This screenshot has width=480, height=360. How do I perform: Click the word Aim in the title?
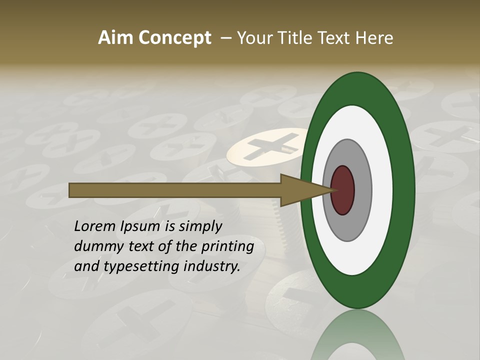[116, 38]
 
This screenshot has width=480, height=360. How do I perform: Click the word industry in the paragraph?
[210, 266]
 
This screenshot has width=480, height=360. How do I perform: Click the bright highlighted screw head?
[265, 146]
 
